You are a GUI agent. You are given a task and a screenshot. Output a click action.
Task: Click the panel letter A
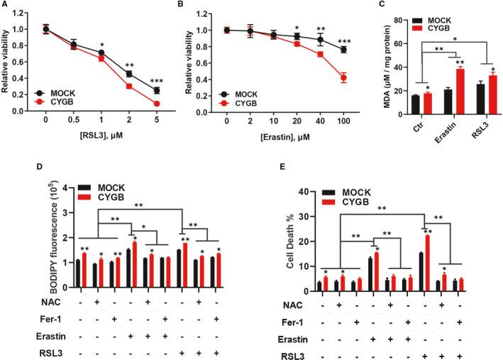pyautogui.click(x=5, y=6)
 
